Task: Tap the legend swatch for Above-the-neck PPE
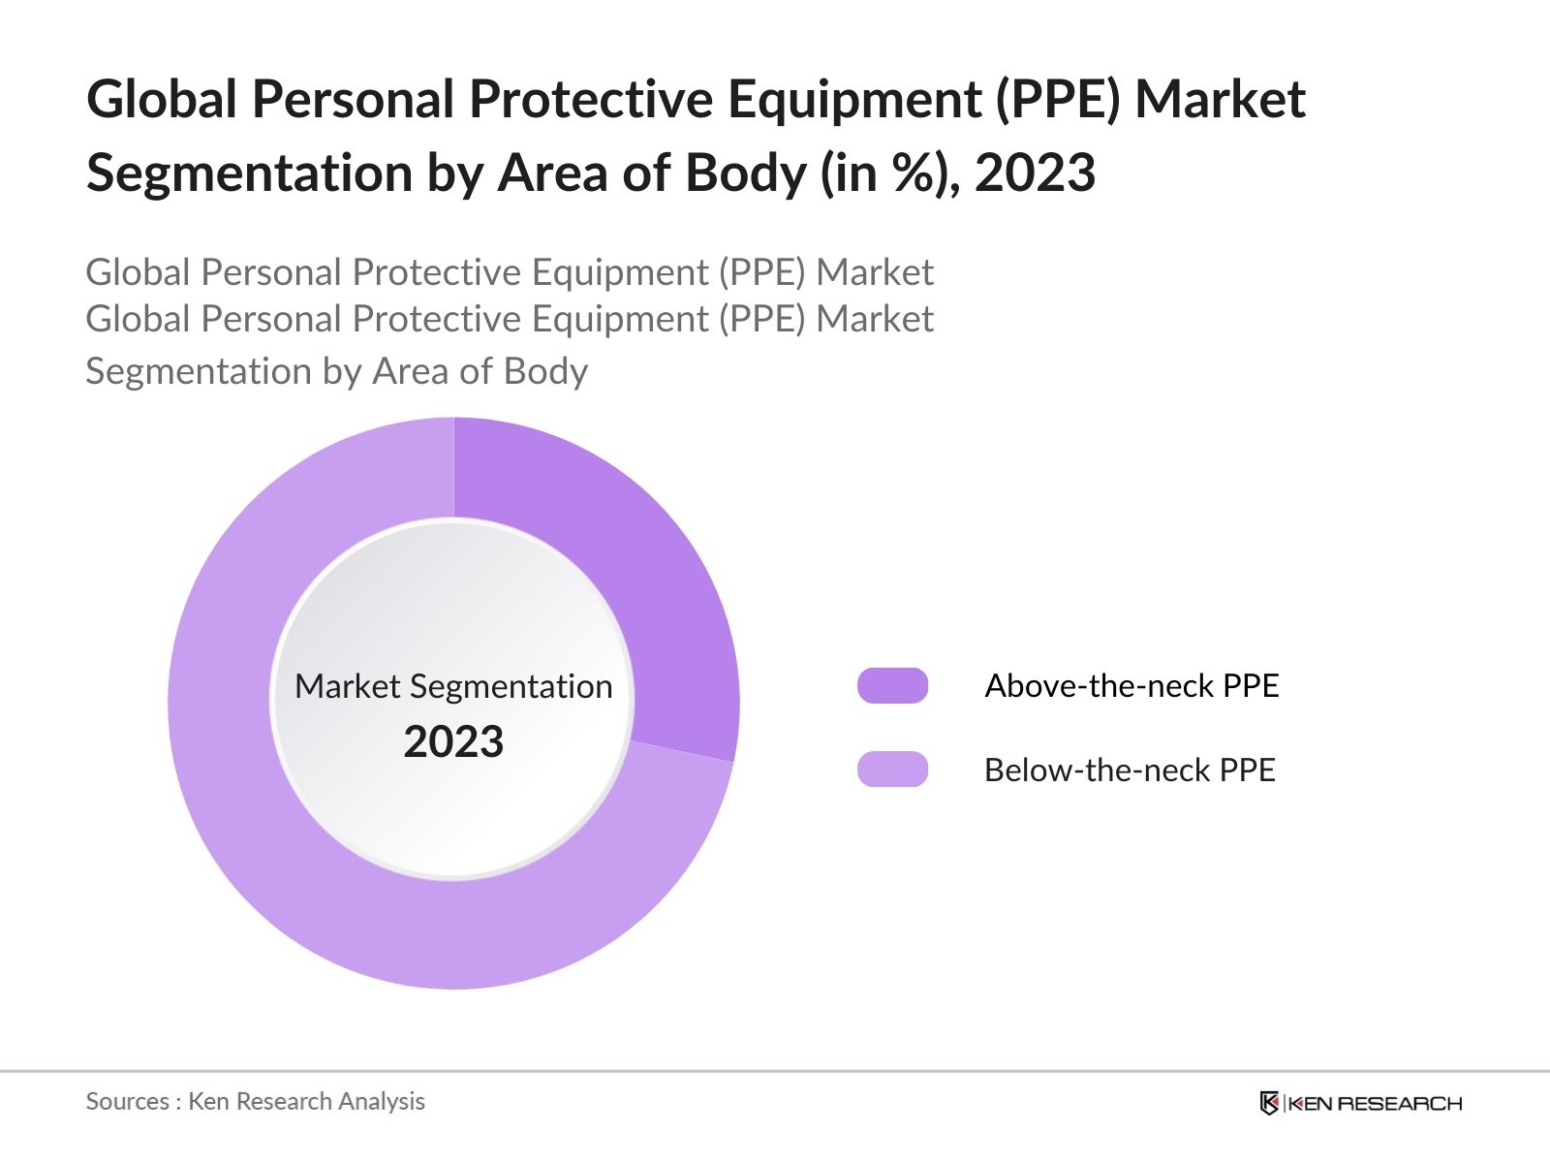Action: [892, 685]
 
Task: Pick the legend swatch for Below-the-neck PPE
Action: [892, 770]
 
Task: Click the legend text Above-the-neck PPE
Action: [1131, 685]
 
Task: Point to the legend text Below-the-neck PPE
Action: [1130, 770]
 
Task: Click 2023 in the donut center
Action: [453, 741]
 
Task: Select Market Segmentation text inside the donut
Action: [453, 686]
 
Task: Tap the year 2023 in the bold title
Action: [1035, 173]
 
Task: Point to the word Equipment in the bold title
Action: [855, 100]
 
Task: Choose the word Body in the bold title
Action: [745, 173]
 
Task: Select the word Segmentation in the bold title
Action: [249, 173]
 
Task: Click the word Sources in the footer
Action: [128, 1101]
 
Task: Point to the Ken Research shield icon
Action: [1269, 1103]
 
